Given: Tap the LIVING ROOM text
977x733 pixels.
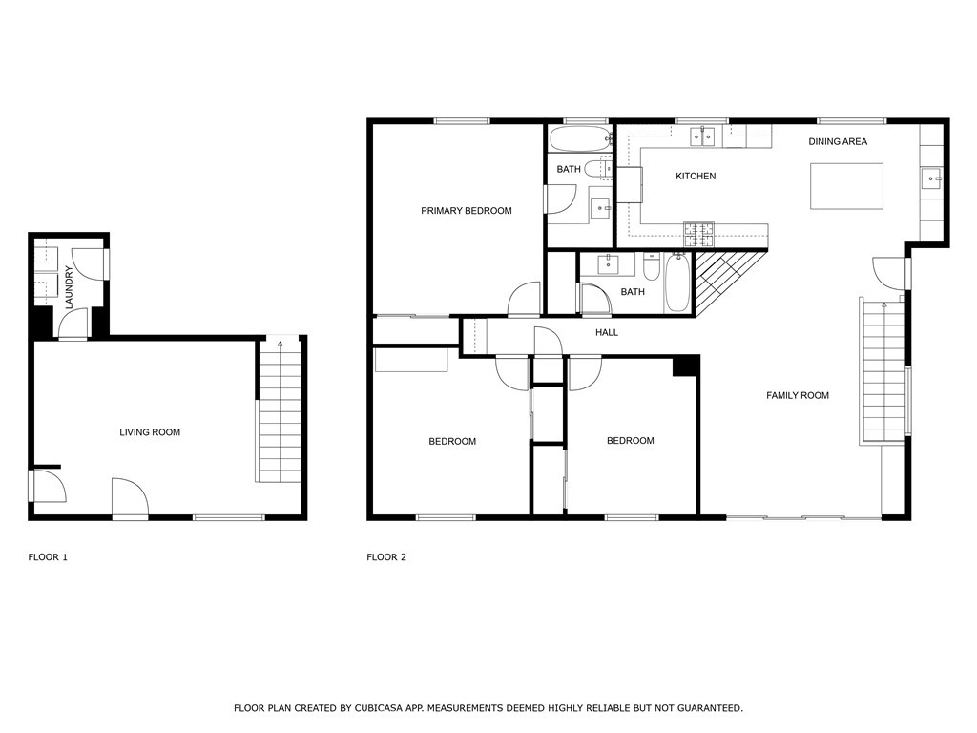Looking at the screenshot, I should tap(150, 432).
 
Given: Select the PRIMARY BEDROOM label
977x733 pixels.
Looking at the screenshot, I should tap(467, 211).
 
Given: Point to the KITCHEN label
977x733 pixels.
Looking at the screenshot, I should tap(696, 176).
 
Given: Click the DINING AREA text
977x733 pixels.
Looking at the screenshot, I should tap(838, 141).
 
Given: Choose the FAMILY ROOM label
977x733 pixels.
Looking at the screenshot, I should tap(798, 395).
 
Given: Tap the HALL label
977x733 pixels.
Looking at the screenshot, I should tap(607, 332).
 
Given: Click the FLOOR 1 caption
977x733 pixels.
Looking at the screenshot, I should tap(48, 557).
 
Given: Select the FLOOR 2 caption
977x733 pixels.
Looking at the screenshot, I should tap(386, 557).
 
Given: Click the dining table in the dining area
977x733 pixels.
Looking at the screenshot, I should tap(846, 186).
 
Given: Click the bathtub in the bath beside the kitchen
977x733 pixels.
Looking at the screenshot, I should tap(579, 140).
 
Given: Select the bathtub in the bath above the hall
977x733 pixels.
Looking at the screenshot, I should tap(676, 283).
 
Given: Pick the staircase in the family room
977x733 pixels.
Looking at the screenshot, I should tap(883, 372).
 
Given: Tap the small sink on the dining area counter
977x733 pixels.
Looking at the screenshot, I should tap(930, 178).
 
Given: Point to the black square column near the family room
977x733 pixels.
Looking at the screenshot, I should tap(686, 366).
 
